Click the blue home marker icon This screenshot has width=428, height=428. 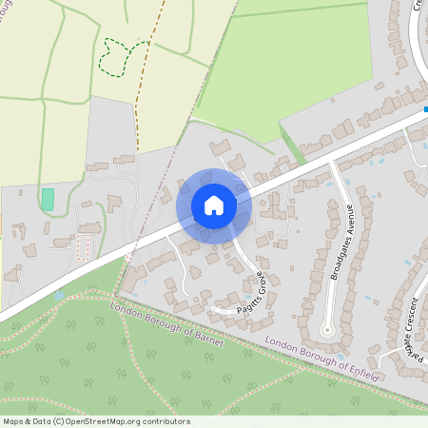point(214,205)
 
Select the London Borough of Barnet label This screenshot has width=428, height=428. point(166,322)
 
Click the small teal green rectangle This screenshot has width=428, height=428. point(48,199)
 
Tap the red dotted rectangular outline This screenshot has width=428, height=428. point(82,248)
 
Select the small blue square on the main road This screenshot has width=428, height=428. point(425,109)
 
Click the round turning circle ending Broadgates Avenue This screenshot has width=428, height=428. point(328,331)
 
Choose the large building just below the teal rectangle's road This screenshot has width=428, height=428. point(90,228)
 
